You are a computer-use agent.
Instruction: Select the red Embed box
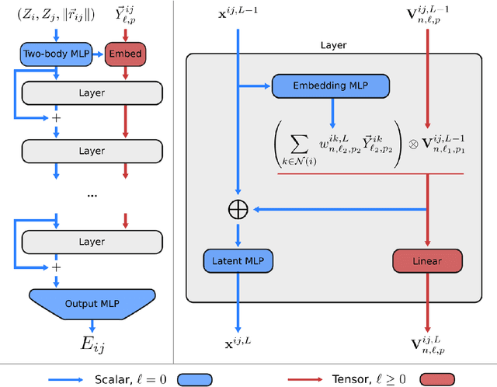(126, 54)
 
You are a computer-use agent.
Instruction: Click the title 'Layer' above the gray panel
(333, 45)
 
